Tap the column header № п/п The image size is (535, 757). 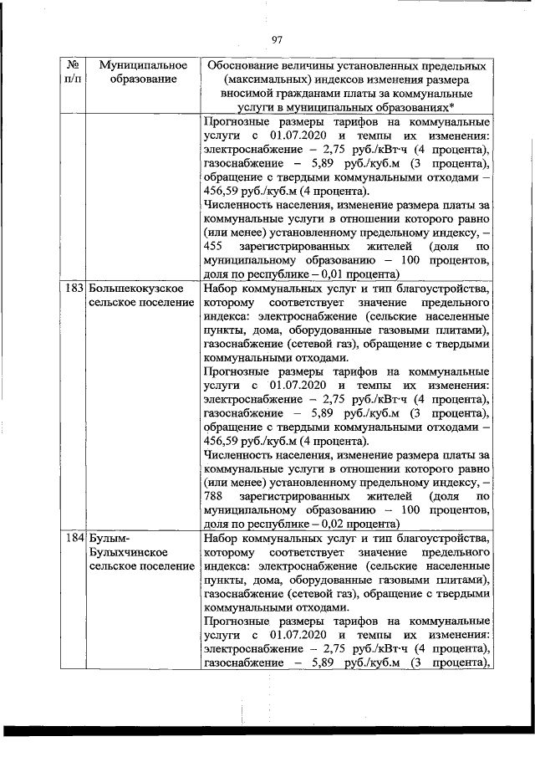pyautogui.click(x=73, y=72)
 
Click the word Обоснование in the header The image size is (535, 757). pyautogui.click(x=243, y=64)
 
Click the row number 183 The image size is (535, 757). pyautogui.click(x=74, y=288)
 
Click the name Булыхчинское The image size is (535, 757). pyautogui.click(x=128, y=552)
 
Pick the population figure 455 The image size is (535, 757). pyautogui.click(x=214, y=246)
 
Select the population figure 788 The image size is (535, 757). pyautogui.click(x=214, y=497)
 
